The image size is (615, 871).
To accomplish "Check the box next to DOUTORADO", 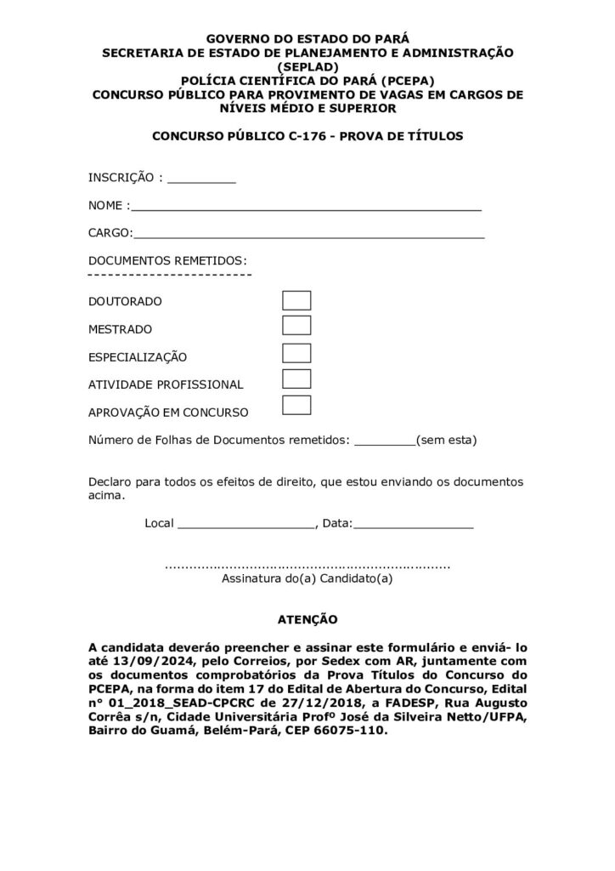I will pyautogui.click(x=296, y=300).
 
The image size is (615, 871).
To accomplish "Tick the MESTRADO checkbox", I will pyautogui.click(x=296, y=326).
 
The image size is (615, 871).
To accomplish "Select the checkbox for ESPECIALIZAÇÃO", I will pyautogui.click(x=296, y=353).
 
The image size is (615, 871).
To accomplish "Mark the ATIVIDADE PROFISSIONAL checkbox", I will pyautogui.click(x=296, y=379).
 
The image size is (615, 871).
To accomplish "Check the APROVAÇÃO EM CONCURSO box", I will pyautogui.click(x=296, y=406).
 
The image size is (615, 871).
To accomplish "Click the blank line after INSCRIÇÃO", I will pyautogui.click(x=201, y=180).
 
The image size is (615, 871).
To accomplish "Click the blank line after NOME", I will pyautogui.click(x=307, y=207).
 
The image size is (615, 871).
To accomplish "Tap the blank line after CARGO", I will pyautogui.click(x=309, y=234).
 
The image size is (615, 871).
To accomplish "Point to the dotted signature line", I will pyautogui.click(x=307, y=565).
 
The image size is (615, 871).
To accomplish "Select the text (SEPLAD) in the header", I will pyautogui.click(x=307, y=66).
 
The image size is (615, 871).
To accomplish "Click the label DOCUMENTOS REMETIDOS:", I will pyautogui.click(x=168, y=259).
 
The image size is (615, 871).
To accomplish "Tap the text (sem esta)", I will pyautogui.click(x=446, y=441).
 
